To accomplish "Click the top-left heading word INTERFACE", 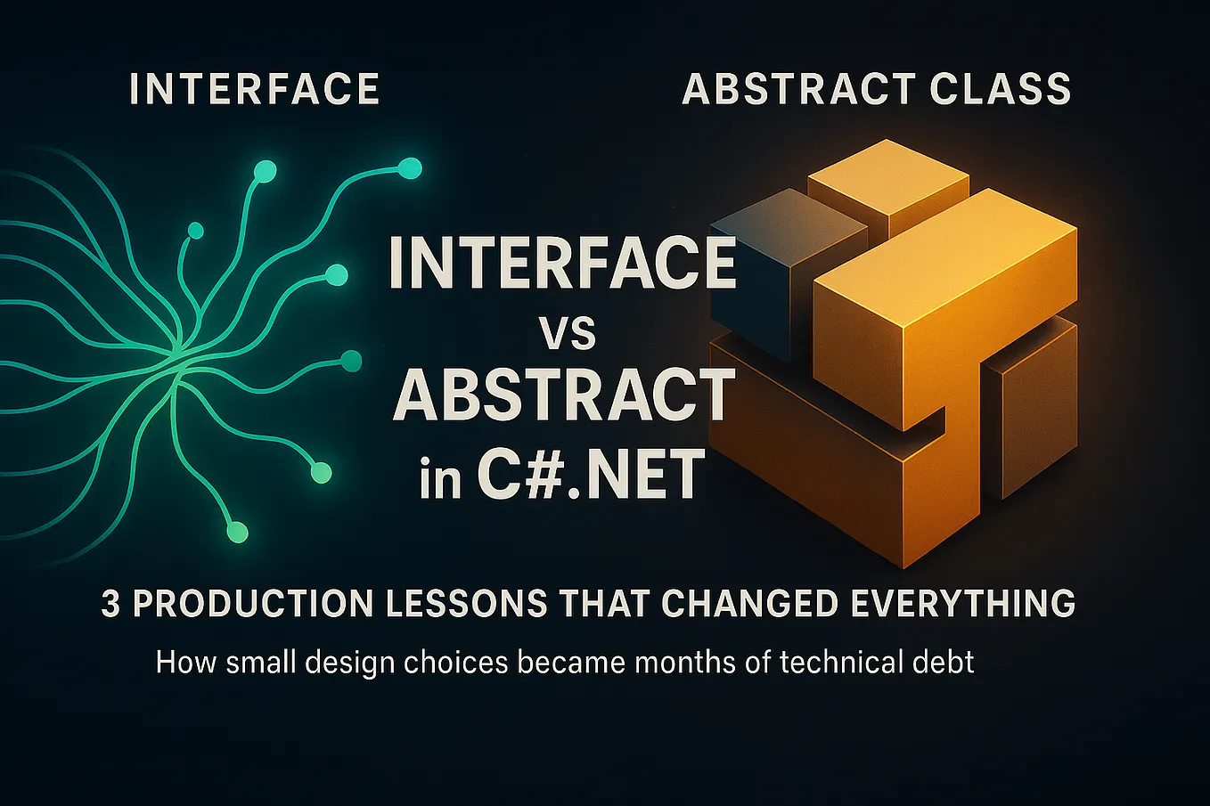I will click(255, 90).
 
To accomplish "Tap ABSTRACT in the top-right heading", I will click(797, 90).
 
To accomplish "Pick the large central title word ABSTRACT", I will click(565, 397).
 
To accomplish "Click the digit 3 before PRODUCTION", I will click(110, 604).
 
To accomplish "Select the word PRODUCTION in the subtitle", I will click(252, 604).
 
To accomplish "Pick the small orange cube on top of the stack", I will click(887, 183).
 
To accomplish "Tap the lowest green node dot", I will click(237, 533).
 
